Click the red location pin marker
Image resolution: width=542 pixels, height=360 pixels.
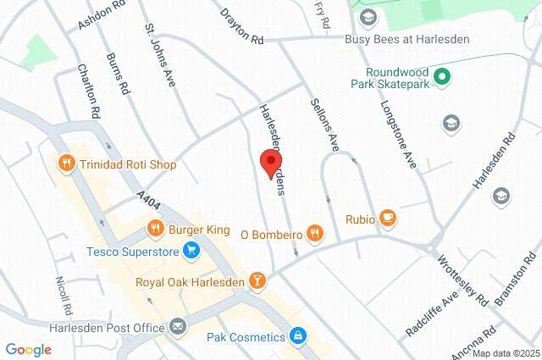coord(270,163)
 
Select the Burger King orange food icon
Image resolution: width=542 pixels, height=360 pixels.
coord(155,228)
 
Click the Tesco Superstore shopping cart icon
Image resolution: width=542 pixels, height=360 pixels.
coord(191,251)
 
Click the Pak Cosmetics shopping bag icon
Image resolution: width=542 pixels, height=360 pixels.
coord(297,337)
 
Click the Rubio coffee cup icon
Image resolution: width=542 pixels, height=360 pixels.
coord(388,218)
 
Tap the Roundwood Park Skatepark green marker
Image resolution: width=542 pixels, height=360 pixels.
coord(440,77)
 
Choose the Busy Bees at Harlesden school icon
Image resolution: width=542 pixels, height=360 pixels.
coord(368,17)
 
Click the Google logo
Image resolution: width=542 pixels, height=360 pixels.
coord(28,349)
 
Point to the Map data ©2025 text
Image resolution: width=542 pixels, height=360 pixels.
coord(505,353)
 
